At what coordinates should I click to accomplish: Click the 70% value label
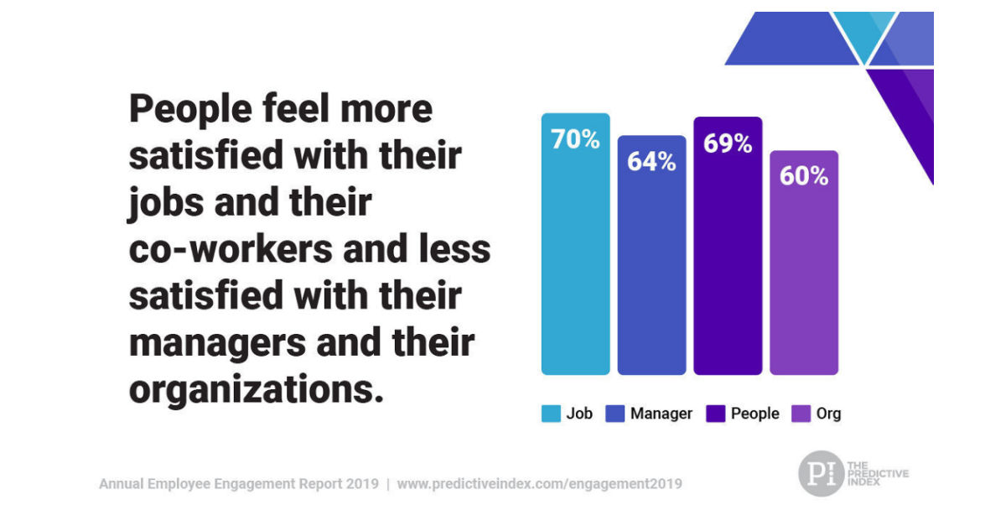[575, 139]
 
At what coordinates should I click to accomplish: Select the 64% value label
[651, 161]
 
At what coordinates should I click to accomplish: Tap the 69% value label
[727, 143]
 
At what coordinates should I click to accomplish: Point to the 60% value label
[803, 176]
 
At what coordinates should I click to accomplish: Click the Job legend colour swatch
[551, 414]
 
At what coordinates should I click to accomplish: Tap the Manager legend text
[661, 414]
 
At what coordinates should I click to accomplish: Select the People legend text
[755, 414]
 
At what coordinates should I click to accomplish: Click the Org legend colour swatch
[801, 414]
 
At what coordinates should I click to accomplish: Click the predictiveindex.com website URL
[539, 484]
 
